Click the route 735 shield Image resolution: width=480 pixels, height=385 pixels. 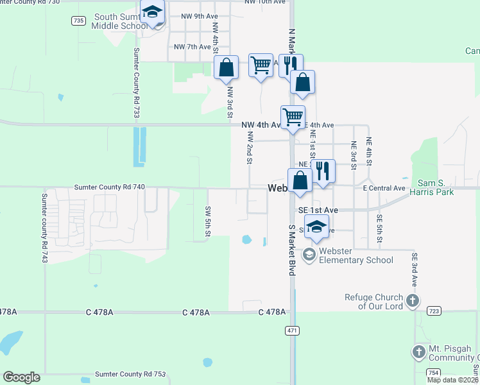coord(78,21)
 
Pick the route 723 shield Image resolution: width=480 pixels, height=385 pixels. coord(434,311)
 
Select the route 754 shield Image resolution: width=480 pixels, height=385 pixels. coord(433,373)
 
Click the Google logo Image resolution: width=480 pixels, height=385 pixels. coord(22,377)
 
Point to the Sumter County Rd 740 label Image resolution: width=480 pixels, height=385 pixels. coord(110,187)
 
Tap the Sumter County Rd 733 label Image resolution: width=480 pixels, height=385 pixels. coord(137,83)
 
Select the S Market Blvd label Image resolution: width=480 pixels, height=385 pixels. coord(291,250)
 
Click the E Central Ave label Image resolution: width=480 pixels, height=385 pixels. coord(384,188)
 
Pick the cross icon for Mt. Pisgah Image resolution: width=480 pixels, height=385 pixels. coord(418,352)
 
